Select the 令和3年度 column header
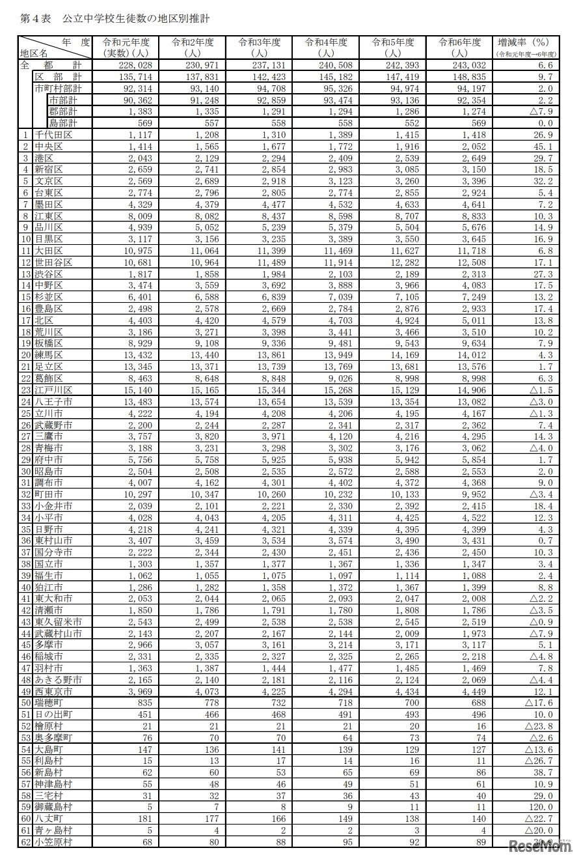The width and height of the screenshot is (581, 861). (x=260, y=47)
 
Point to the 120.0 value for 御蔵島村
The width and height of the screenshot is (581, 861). (x=540, y=807)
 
